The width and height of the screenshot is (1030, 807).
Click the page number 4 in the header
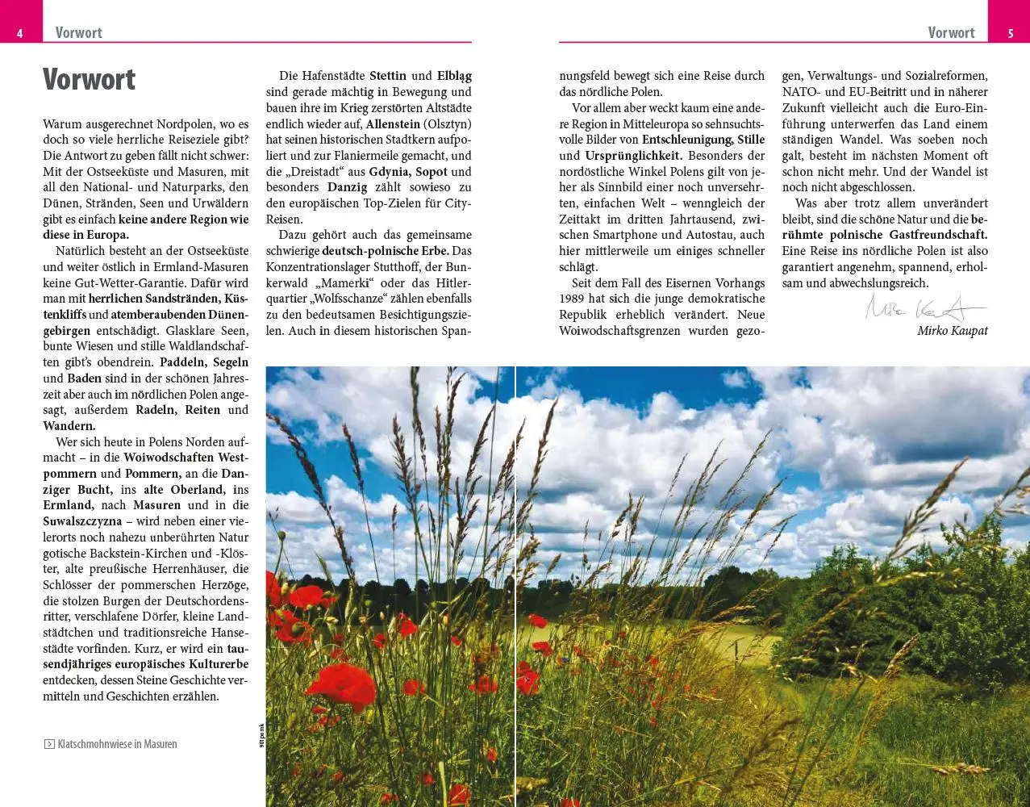[19, 33]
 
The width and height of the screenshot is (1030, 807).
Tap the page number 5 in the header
[1011, 33]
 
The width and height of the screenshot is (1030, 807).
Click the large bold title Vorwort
[89, 80]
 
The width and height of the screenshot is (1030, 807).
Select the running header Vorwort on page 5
[951, 33]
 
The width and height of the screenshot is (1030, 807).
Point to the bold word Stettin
[388, 76]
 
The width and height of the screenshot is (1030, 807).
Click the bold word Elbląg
[454, 76]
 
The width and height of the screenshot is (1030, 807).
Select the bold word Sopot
[431, 172]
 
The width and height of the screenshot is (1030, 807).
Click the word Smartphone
[624, 235]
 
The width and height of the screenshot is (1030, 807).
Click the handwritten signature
[924, 308]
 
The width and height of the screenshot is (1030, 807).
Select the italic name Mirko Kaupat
[952, 331]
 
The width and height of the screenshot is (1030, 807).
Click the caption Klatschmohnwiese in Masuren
[117, 744]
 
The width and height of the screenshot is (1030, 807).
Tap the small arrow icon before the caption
[49, 744]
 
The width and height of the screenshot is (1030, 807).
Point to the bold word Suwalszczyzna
[82, 521]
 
